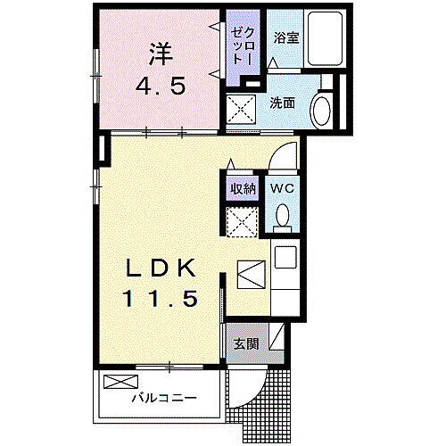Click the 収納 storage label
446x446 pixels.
243,188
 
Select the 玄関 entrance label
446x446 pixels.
246,343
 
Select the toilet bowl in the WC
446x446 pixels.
283,216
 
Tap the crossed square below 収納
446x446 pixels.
242,221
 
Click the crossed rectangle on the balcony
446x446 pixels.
117,382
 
